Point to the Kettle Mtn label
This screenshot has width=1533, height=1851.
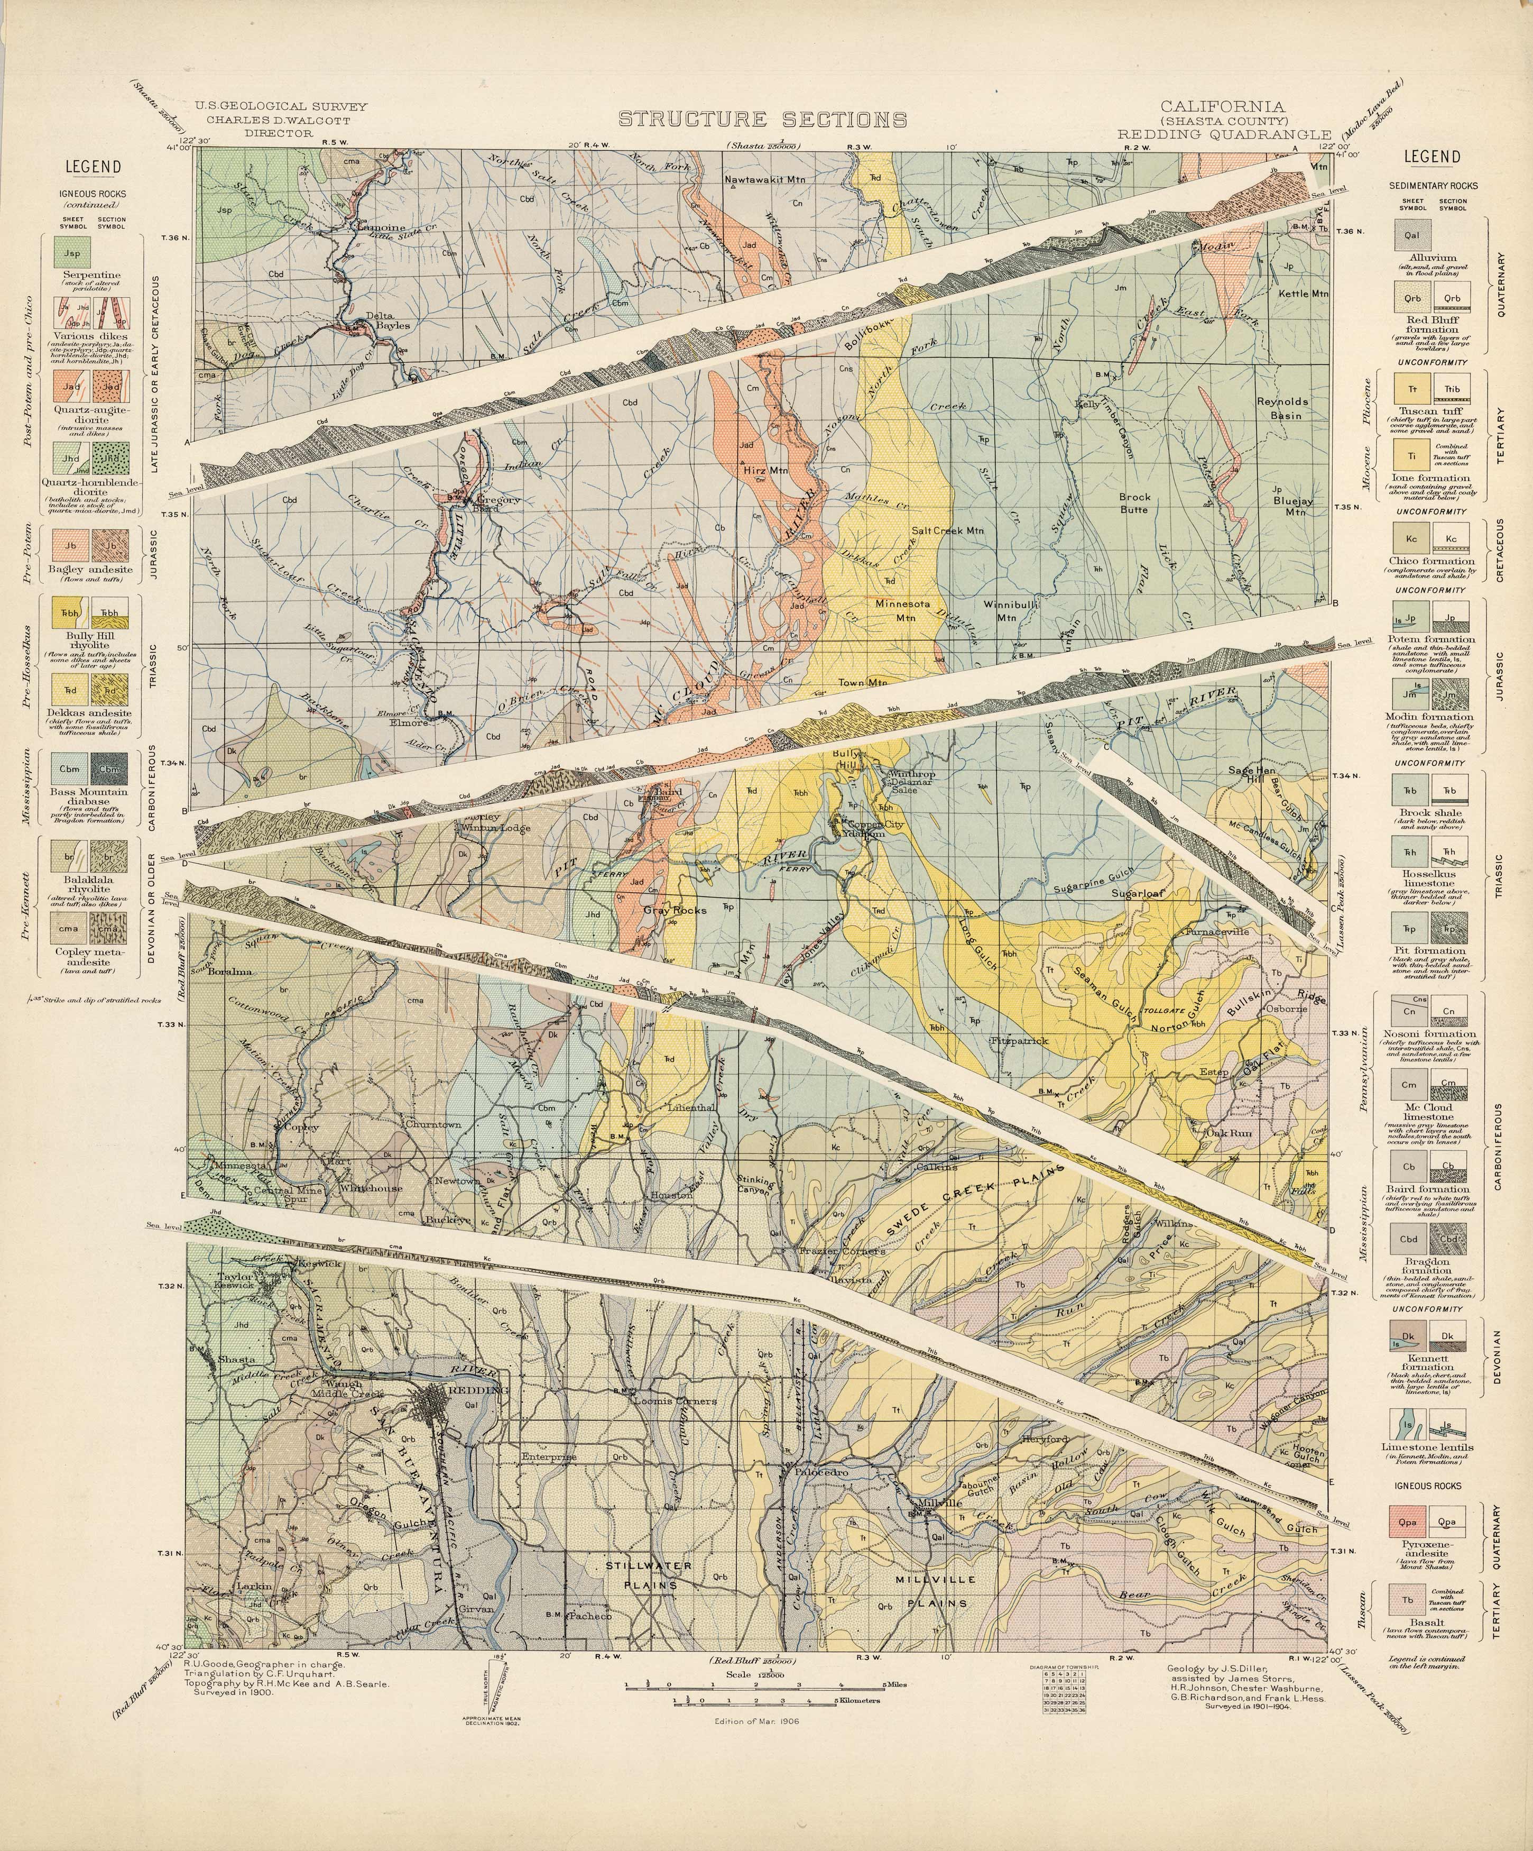[x=1302, y=294]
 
